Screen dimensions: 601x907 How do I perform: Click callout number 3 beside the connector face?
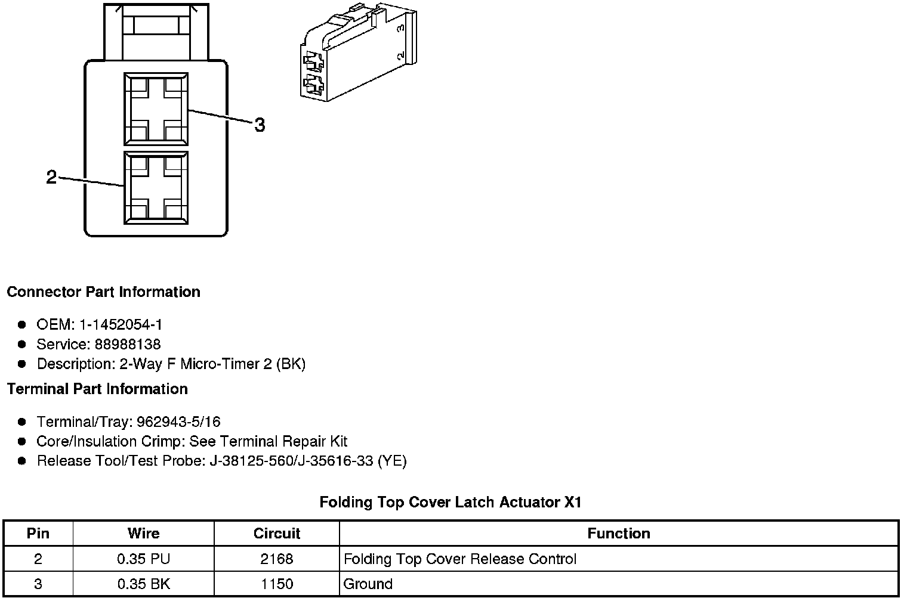(x=260, y=125)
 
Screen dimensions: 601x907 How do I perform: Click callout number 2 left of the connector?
(x=52, y=177)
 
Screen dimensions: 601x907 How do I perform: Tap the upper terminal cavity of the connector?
(x=156, y=109)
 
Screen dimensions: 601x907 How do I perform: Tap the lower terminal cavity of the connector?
(x=156, y=187)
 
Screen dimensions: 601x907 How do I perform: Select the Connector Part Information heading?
(x=103, y=292)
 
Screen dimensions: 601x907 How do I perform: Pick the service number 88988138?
(x=128, y=345)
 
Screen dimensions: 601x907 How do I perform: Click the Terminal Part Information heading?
(x=97, y=389)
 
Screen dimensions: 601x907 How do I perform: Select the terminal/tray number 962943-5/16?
(x=178, y=422)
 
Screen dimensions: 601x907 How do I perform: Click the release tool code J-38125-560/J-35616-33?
(x=291, y=461)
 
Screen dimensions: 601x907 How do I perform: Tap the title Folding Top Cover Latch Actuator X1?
(x=450, y=502)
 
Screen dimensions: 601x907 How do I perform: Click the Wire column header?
(x=143, y=534)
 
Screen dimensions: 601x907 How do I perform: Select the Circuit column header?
(x=277, y=534)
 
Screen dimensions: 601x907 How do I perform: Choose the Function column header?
(x=619, y=534)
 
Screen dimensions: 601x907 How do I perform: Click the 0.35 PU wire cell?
(x=143, y=559)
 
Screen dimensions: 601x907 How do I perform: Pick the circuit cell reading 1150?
(x=277, y=584)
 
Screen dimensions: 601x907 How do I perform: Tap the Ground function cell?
(x=368, y=584)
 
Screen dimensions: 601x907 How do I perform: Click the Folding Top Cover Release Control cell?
(x=460, y=559)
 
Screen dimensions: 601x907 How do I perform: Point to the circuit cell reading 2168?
(x=277, y=559)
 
